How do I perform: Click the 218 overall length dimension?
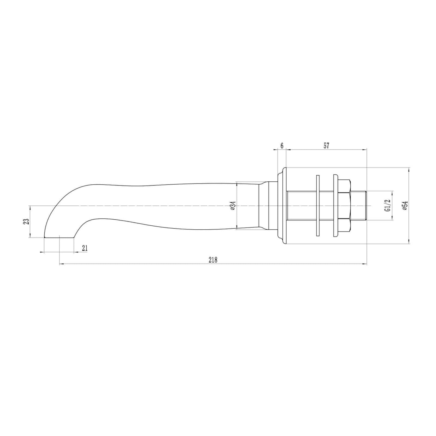[x=213, y=260]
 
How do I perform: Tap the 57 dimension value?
[x=326, y=146]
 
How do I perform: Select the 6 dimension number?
[x=282, y=146]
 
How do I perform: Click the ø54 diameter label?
[x=405, y=206]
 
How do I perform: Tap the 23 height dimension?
[x=27, y=221]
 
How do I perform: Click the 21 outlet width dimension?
[x=84, y=248]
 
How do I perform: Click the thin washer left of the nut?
[x=318, y=206]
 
